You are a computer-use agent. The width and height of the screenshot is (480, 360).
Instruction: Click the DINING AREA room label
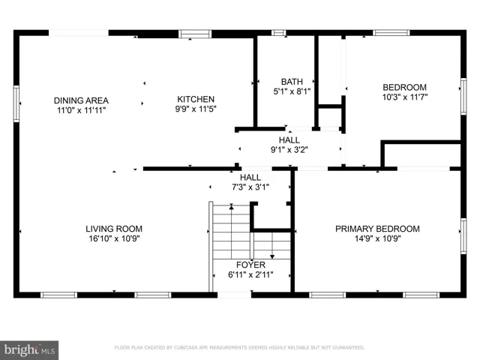[x=81, y=100]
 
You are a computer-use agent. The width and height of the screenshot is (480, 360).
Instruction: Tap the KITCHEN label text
[x=196, y=99]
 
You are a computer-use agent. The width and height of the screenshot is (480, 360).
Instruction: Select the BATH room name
[x=292, y=82]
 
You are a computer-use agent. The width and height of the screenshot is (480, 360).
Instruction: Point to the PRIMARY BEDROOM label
[x=377, y=229]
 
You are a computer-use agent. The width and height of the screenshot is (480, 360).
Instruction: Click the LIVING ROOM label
[x=114, y=229]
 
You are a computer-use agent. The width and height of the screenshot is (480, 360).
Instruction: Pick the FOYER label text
[x=250, y=265]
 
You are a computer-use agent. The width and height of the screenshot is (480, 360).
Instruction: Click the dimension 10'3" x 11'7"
[x=405, y=97]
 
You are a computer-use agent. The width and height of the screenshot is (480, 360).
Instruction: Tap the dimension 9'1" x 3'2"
[x=289, y=150]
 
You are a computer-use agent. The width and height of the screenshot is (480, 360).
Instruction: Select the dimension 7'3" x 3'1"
[x=250, y=187]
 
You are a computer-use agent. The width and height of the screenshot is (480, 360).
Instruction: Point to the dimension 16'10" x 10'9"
[x=114, y=238]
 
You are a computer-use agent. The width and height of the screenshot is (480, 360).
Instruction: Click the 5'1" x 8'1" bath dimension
[x=292, y=91]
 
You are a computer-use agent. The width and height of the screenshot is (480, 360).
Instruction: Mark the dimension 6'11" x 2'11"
[x=250, y=274]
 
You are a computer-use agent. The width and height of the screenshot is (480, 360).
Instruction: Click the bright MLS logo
[x=29, y=350]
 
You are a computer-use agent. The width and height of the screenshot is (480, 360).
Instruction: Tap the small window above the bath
[x=278, y=33]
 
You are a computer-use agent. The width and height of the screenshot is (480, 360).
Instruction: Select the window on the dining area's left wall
[x=16, y=103]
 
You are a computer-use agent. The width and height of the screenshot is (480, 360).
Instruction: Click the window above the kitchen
[x=195, y=34]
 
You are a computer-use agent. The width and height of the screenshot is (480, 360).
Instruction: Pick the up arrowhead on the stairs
[x=232, y=207]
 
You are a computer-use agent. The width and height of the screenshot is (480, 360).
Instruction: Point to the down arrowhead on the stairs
[x=272, y=256]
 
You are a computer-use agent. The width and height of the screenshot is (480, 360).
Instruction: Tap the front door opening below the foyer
[x=235, y=295]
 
